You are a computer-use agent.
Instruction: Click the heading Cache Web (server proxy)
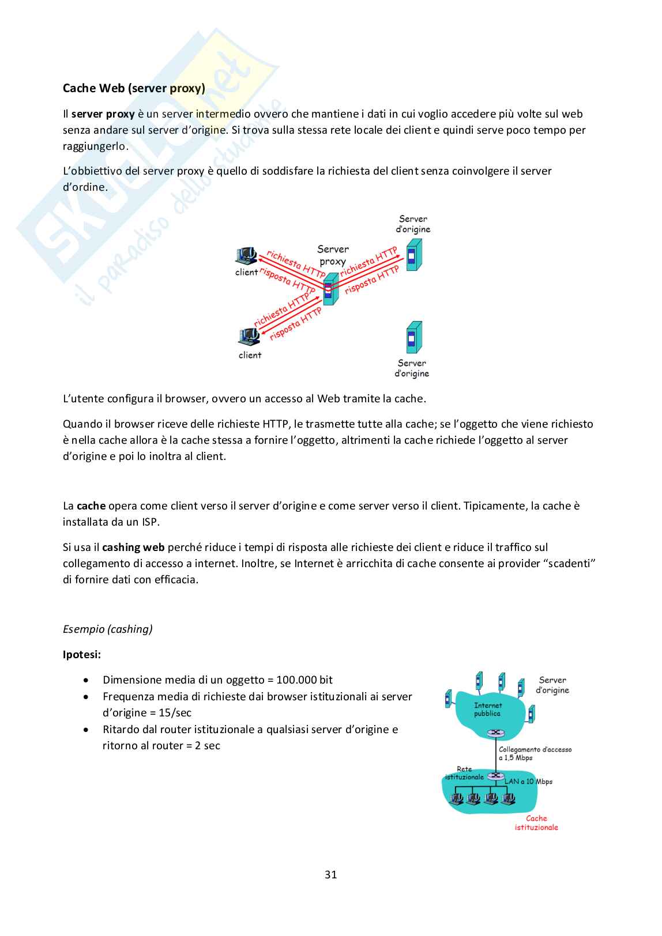click(x=134, y=88)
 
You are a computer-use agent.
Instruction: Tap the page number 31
click(x=330, y=874)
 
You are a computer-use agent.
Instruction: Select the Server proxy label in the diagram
click(x=333, y=255)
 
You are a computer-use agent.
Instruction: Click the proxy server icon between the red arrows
click(x=329, y=290)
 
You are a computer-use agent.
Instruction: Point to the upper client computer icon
click(x=247, y=255)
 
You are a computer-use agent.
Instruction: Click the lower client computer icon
click(x=250, y=336)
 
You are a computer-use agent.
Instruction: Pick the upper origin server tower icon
click(x=413, y=255)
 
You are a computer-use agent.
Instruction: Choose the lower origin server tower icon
click(x=413, y=338)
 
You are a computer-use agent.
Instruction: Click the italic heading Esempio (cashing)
click(x=108, y=629)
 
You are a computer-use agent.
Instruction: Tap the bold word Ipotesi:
click(x=82, y=654)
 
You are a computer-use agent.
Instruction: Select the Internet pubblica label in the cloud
click(x=488, y=709)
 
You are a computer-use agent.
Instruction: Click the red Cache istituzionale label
click(x=536, y=822)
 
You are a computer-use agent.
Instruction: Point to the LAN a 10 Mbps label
click(x=528, y=782)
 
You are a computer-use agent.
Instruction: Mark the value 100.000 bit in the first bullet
click(x=304, y=680)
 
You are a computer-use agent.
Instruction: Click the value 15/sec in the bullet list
click(x=175, y=712)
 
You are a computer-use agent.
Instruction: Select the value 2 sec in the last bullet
click(x=208, y=745)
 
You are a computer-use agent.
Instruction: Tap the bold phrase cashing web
click(x=133, y=547)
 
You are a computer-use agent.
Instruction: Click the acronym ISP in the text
click(x=150, y=522)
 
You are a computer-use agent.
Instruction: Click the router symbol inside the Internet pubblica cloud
click(x=495, y=733)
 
